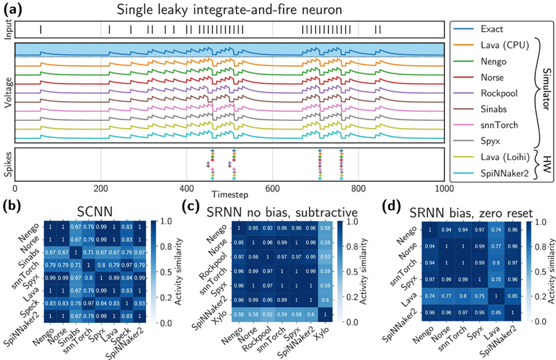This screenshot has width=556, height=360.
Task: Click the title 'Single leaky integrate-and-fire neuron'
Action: [230, 8]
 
